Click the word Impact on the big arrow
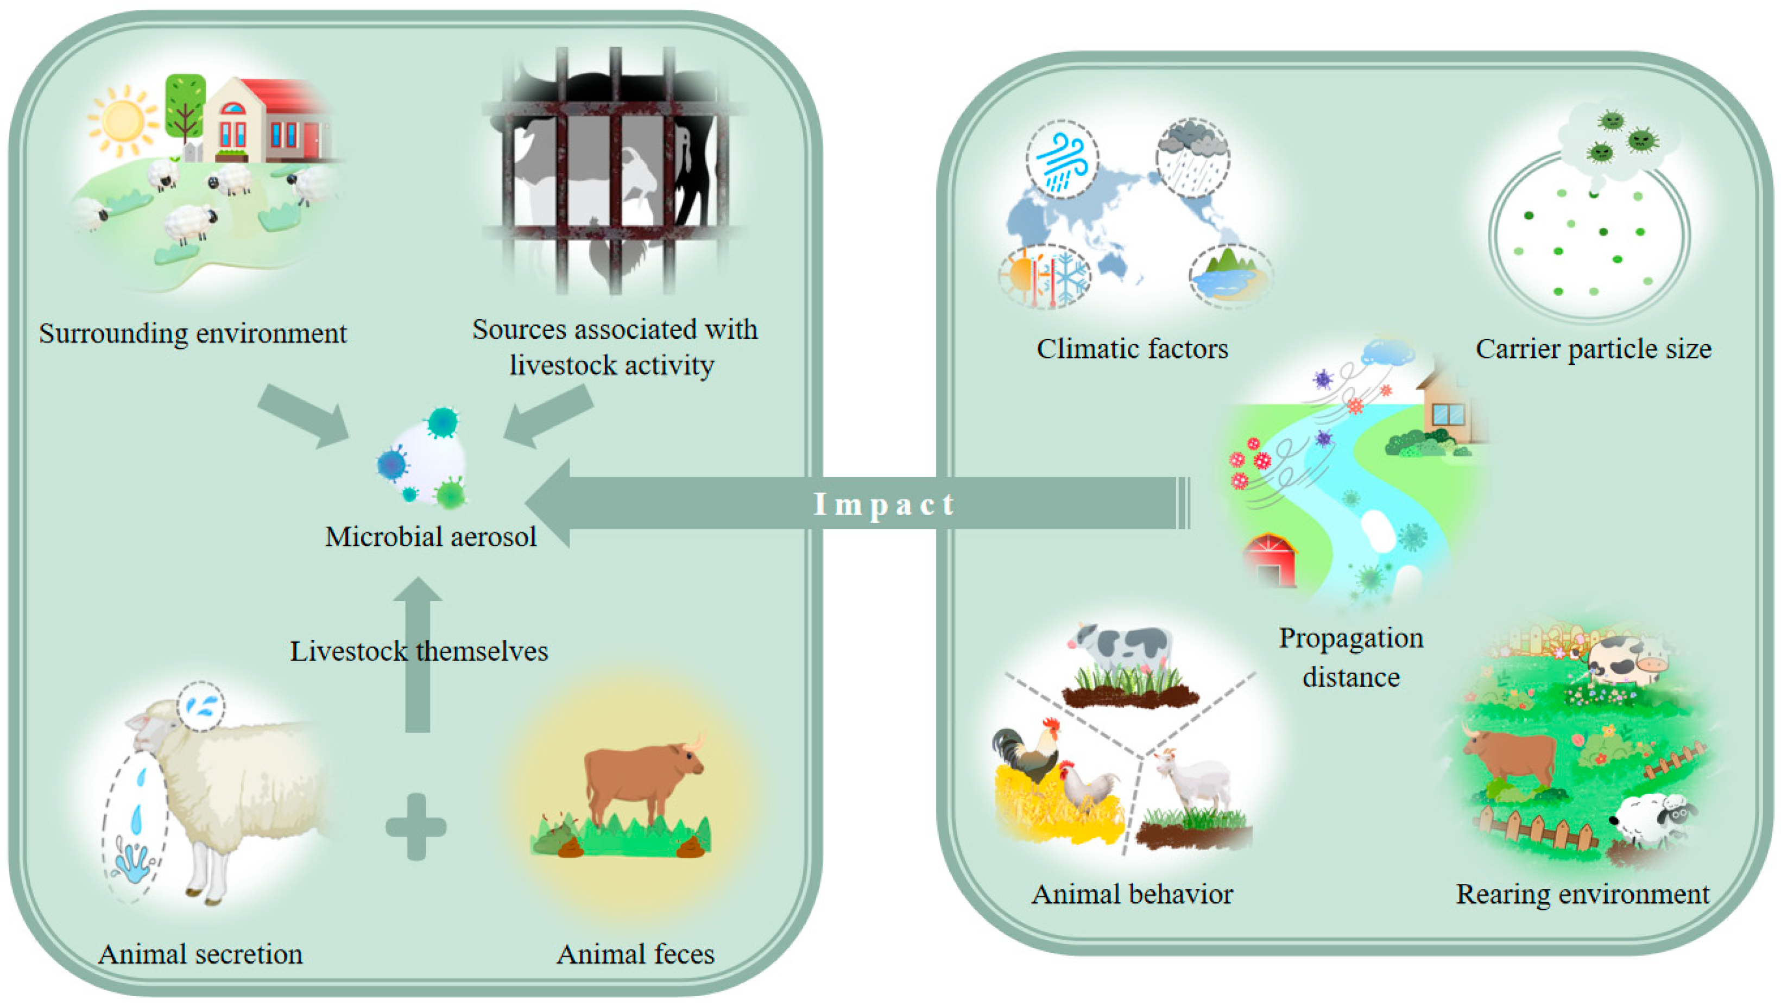click(x=884, y=505)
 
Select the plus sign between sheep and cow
click(x=416, y=826)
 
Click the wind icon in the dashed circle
click(x=1062, y=161)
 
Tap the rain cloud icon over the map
click(x=1192, y=156)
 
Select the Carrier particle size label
click(x=1593, y=349)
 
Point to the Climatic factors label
click(x=1132, y=349)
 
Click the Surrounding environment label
click(x=192, y=333)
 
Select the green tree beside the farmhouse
click(x=185, y=107)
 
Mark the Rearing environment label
click(x=1582, y=894)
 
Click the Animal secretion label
click(x=200, y=954)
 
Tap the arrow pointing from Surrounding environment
click(x=304, y=415)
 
